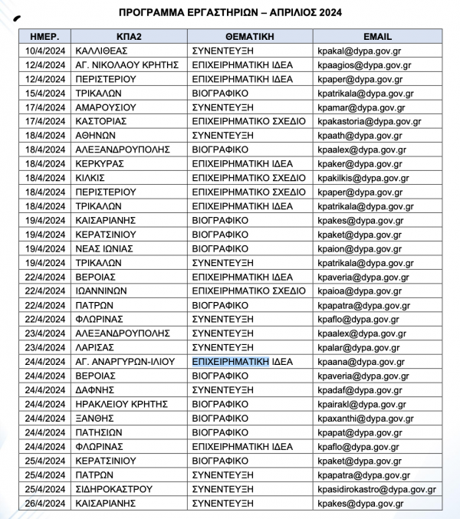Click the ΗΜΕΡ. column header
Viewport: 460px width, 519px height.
pos(45,36)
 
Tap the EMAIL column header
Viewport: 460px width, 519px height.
pos(378,36)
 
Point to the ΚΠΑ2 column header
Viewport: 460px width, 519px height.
pos(127,36)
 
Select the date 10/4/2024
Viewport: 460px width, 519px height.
pos(45,50)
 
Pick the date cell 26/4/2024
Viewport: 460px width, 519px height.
pos(45,504)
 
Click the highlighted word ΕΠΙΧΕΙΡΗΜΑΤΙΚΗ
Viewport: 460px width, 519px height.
pos(230,362)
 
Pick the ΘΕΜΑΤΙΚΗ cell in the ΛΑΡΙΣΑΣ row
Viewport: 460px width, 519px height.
pos(222,347)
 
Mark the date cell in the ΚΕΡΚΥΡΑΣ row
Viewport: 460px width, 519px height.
pos(45,163)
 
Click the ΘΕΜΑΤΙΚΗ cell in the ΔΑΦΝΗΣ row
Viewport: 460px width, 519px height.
pos(222,390)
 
